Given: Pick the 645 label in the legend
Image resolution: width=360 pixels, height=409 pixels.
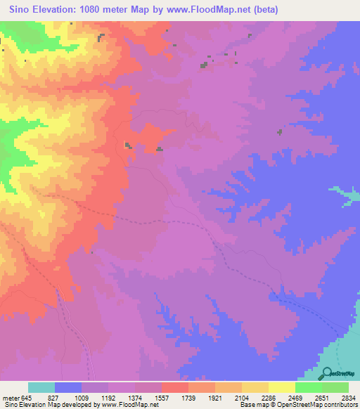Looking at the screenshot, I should tap(27, 397).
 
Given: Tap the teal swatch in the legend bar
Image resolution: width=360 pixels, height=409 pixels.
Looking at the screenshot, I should tap(41, 387).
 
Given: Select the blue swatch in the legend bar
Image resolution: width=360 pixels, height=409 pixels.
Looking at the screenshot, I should tap(68, 387).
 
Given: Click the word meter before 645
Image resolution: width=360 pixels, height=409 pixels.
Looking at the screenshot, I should tap(10, 397).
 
